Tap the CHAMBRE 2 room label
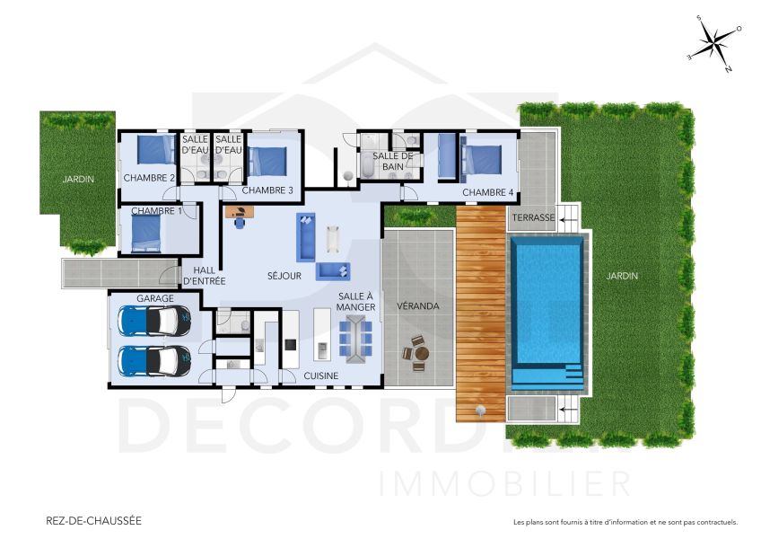pos(149,177)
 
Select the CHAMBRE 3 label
pos(267,190)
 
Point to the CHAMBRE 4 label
pos(487,192)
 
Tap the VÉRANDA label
pos(417,306)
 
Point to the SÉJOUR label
pos(284,276)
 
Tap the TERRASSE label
pos(533,218)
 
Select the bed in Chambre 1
pos(145,234)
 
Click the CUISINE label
pos(319,376)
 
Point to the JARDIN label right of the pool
pos(621,276)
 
